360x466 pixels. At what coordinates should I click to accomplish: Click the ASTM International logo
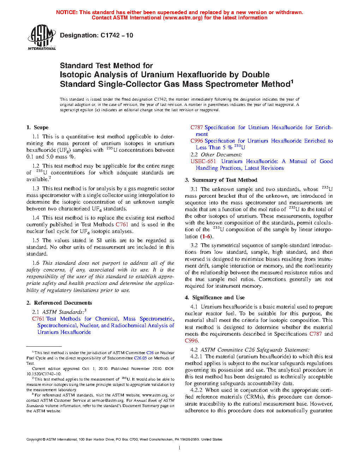pyautogui.click(x=42, y=37)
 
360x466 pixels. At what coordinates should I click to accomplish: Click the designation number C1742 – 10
pyautogui.click(x=117, y=35)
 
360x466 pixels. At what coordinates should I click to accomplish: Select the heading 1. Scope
pyautogui.click(x=37, y=127)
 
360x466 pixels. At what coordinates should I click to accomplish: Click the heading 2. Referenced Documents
pyautogui.click(x=59, y=303)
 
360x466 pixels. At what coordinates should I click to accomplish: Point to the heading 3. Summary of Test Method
pyautogui.click(x=221, y=180)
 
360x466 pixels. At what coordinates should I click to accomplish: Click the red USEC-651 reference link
pyautogui.click(x=203, y=161)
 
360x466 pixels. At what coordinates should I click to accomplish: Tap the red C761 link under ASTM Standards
pyautogui.click(x=38, y=319)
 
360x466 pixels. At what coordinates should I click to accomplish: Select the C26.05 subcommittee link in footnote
pyautogui.click(x=140, y=358)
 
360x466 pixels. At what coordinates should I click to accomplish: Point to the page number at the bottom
pyautogui.click(x=180, y=448)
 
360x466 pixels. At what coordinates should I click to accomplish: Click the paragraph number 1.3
pyautogui.click(x=36, y=189)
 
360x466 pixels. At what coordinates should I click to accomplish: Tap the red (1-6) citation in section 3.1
pyautogui.click(x=206, y=237)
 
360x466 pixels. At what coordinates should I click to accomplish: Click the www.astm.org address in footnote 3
pyautogui.click(x=155, y=395)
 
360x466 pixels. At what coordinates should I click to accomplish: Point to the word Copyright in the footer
pyautogui.click(x=34, y=440)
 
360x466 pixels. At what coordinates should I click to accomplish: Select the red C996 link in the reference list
pyautogui.click(x=197, y=141)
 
